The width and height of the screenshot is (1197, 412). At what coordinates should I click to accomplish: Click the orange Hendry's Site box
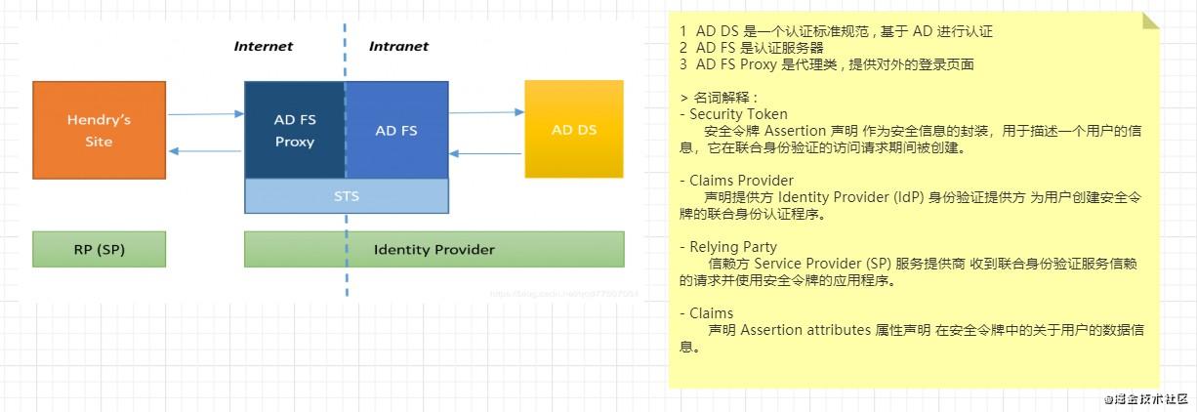(x=99, y=130)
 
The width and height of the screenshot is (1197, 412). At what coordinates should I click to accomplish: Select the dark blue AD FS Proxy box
(x=294, y=130)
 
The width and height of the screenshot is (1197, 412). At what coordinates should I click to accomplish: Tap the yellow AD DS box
(x=574, y=130)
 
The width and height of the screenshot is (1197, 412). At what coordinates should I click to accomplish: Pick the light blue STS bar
(x=347, y=196)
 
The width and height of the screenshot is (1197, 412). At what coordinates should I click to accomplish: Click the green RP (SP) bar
(x=99, y=249)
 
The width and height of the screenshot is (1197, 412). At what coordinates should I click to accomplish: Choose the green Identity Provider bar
(x=433, y=249)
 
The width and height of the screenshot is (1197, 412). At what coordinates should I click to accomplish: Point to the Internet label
(x=264, y=46)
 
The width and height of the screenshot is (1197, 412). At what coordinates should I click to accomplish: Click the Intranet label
(x=398, y=46)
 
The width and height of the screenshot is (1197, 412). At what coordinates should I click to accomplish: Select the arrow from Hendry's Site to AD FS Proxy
(x=205, y=114)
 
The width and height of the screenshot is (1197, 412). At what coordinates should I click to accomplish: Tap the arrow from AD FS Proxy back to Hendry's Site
(x=205, y=151)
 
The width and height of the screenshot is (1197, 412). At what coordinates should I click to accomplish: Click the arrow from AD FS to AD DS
(x=486, y=112)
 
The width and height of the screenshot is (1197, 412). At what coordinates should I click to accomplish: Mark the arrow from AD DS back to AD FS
(x=486, y=153)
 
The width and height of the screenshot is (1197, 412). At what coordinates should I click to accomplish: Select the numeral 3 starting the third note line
(x=683, y=64)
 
